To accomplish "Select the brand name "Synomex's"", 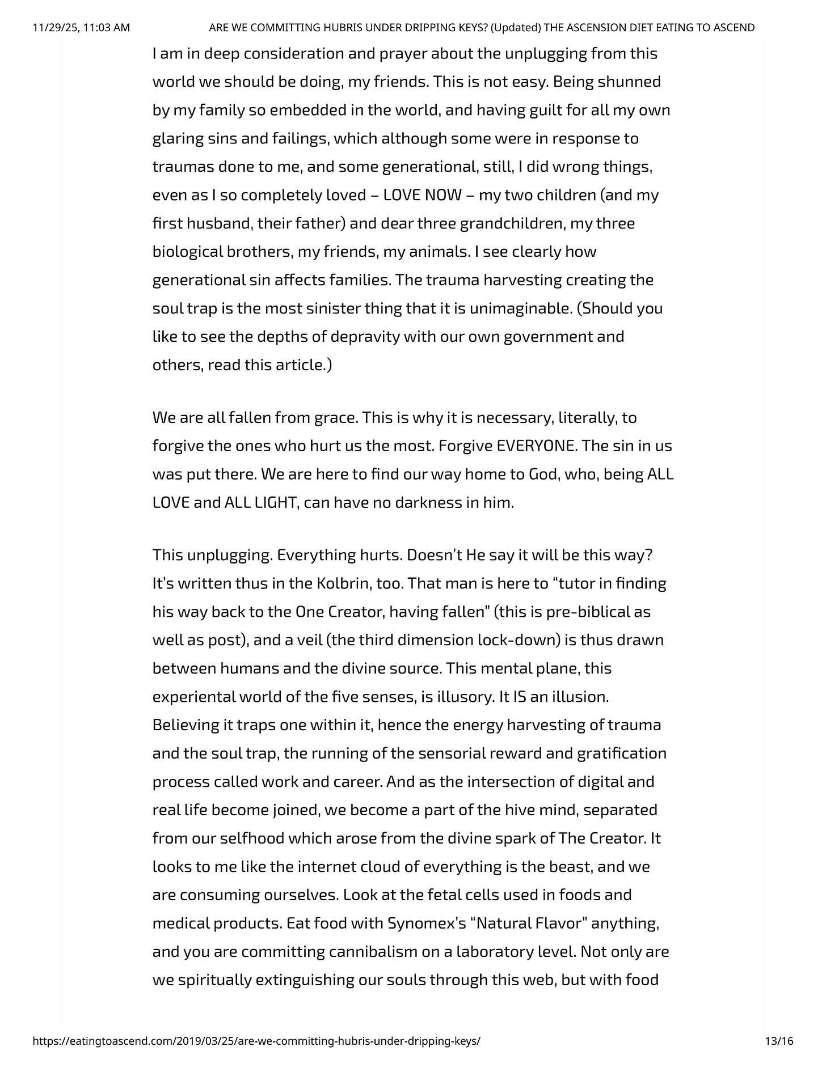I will [423, 923].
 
